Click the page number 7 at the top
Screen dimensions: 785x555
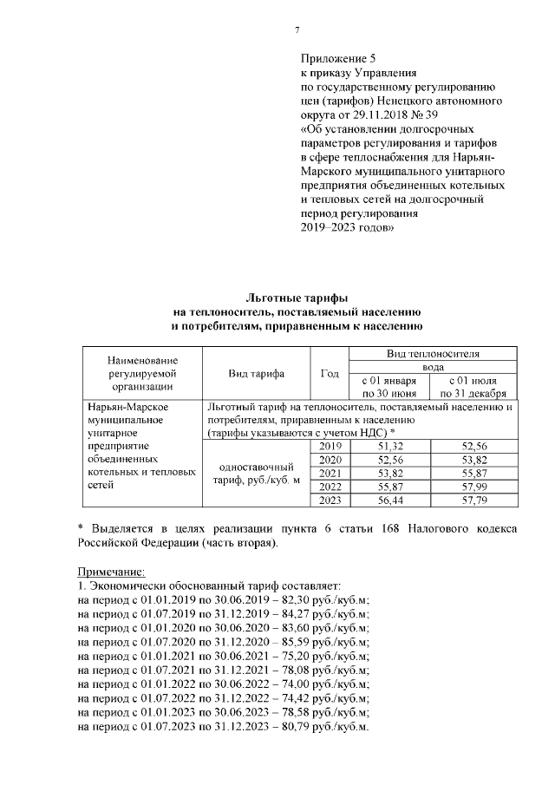pos(297,30)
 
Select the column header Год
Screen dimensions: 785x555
pos(330,374)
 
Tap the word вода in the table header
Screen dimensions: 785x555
pos(431,367)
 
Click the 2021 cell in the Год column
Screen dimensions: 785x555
pos(330,474)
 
